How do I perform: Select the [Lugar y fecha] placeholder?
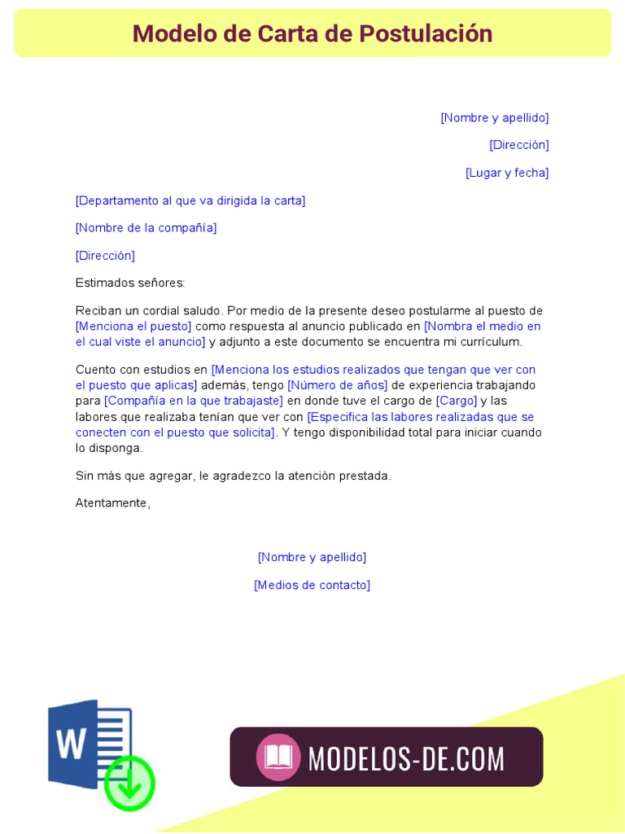coord(507,173)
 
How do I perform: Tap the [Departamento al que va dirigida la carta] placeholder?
coord(190,200)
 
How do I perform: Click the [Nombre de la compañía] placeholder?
coord(146,228)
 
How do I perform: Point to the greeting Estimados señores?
coord(130,283)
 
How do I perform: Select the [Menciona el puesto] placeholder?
coord(133,327)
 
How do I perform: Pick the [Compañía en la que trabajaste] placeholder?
coord(194,401)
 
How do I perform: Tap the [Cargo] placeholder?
coord(457,401)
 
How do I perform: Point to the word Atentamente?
coord(113,503)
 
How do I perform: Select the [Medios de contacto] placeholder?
coord(312,585)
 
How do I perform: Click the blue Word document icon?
coord(85,741)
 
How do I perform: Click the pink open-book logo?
coord(278,757)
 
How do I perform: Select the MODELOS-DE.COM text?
coord(406,758)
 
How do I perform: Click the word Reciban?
coord(97,311)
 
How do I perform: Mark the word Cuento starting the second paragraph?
coord(94,370)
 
